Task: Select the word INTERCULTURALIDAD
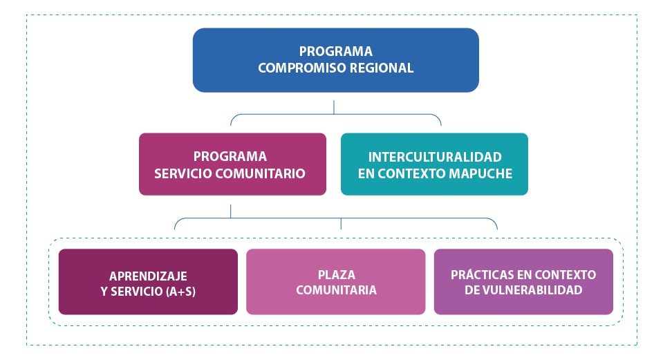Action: point(435,157)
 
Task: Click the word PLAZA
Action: point(336,274)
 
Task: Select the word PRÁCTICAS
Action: point(482,274)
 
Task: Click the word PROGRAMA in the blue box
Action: point(335,52)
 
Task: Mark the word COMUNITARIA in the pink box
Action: point(336,290)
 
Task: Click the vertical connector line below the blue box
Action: point(334,106)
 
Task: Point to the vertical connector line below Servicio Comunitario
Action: point(231,210)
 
